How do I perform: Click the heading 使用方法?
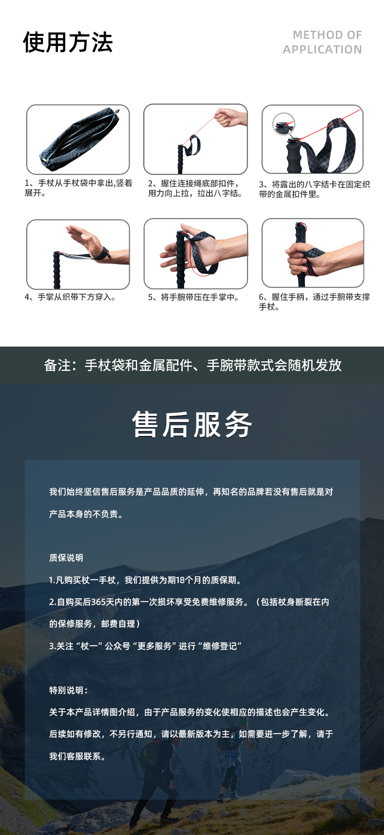click(68, 42)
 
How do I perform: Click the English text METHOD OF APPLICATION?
click(322, 42)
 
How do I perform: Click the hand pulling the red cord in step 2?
click(230, 117)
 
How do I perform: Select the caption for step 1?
click(78, 188)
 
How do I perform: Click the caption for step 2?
click(195, 188)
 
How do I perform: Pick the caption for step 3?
click(314, 189)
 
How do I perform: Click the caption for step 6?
click(314, 301)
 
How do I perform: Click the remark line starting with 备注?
click(192, 365)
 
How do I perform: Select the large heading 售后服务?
click(192, 425)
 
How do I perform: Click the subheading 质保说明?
click(66, 558)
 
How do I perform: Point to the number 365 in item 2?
click(99, 602)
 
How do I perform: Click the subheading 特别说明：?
click(69, 690)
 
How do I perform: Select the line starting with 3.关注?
click(145, 646)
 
